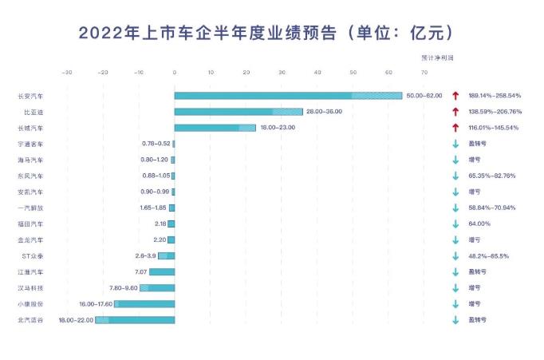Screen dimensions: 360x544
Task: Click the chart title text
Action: (x=266, y=33)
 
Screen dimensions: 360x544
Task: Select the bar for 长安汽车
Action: (x=288, y=96)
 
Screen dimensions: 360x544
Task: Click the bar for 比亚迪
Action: (x=238, y=112)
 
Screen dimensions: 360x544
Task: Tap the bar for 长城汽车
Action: (x=215, y=128)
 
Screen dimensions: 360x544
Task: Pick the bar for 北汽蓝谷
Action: (x=135, y=320)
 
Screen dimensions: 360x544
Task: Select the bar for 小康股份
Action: (x=144, y=304)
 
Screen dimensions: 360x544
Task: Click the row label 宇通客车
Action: (x=30, y=144)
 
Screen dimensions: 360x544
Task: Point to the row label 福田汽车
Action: (x=30, y=224)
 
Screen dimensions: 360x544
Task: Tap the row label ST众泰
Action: (x=32, y=255)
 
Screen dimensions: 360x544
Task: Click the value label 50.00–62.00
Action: (x=424, y=96)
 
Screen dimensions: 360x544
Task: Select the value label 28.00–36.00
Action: (x=324, y=112)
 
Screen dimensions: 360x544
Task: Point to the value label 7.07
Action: (x=138, y=271)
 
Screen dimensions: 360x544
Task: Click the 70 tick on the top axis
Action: (x=425, y=73)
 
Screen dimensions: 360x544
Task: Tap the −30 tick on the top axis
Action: (x=67, y=73)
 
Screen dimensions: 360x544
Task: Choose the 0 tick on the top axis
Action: (x=175, y=73)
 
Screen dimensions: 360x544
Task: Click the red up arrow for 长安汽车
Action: (x=455, y=96)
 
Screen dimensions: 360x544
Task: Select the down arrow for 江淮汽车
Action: (x=455, y=272)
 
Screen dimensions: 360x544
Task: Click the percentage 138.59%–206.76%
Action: (x=495, y=112)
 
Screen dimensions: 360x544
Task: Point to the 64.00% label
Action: (x=479, y=224)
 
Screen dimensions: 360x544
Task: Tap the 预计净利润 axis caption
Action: (x=437, y=58)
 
